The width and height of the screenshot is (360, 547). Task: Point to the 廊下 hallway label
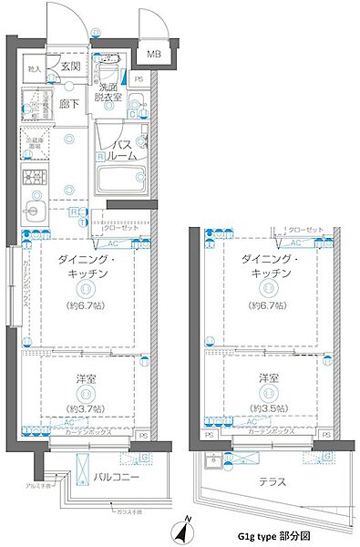[x=70, y=105]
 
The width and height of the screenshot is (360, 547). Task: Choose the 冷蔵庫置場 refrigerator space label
[x=34, y=145]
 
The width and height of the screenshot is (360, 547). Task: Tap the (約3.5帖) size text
[x=267, y=408]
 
